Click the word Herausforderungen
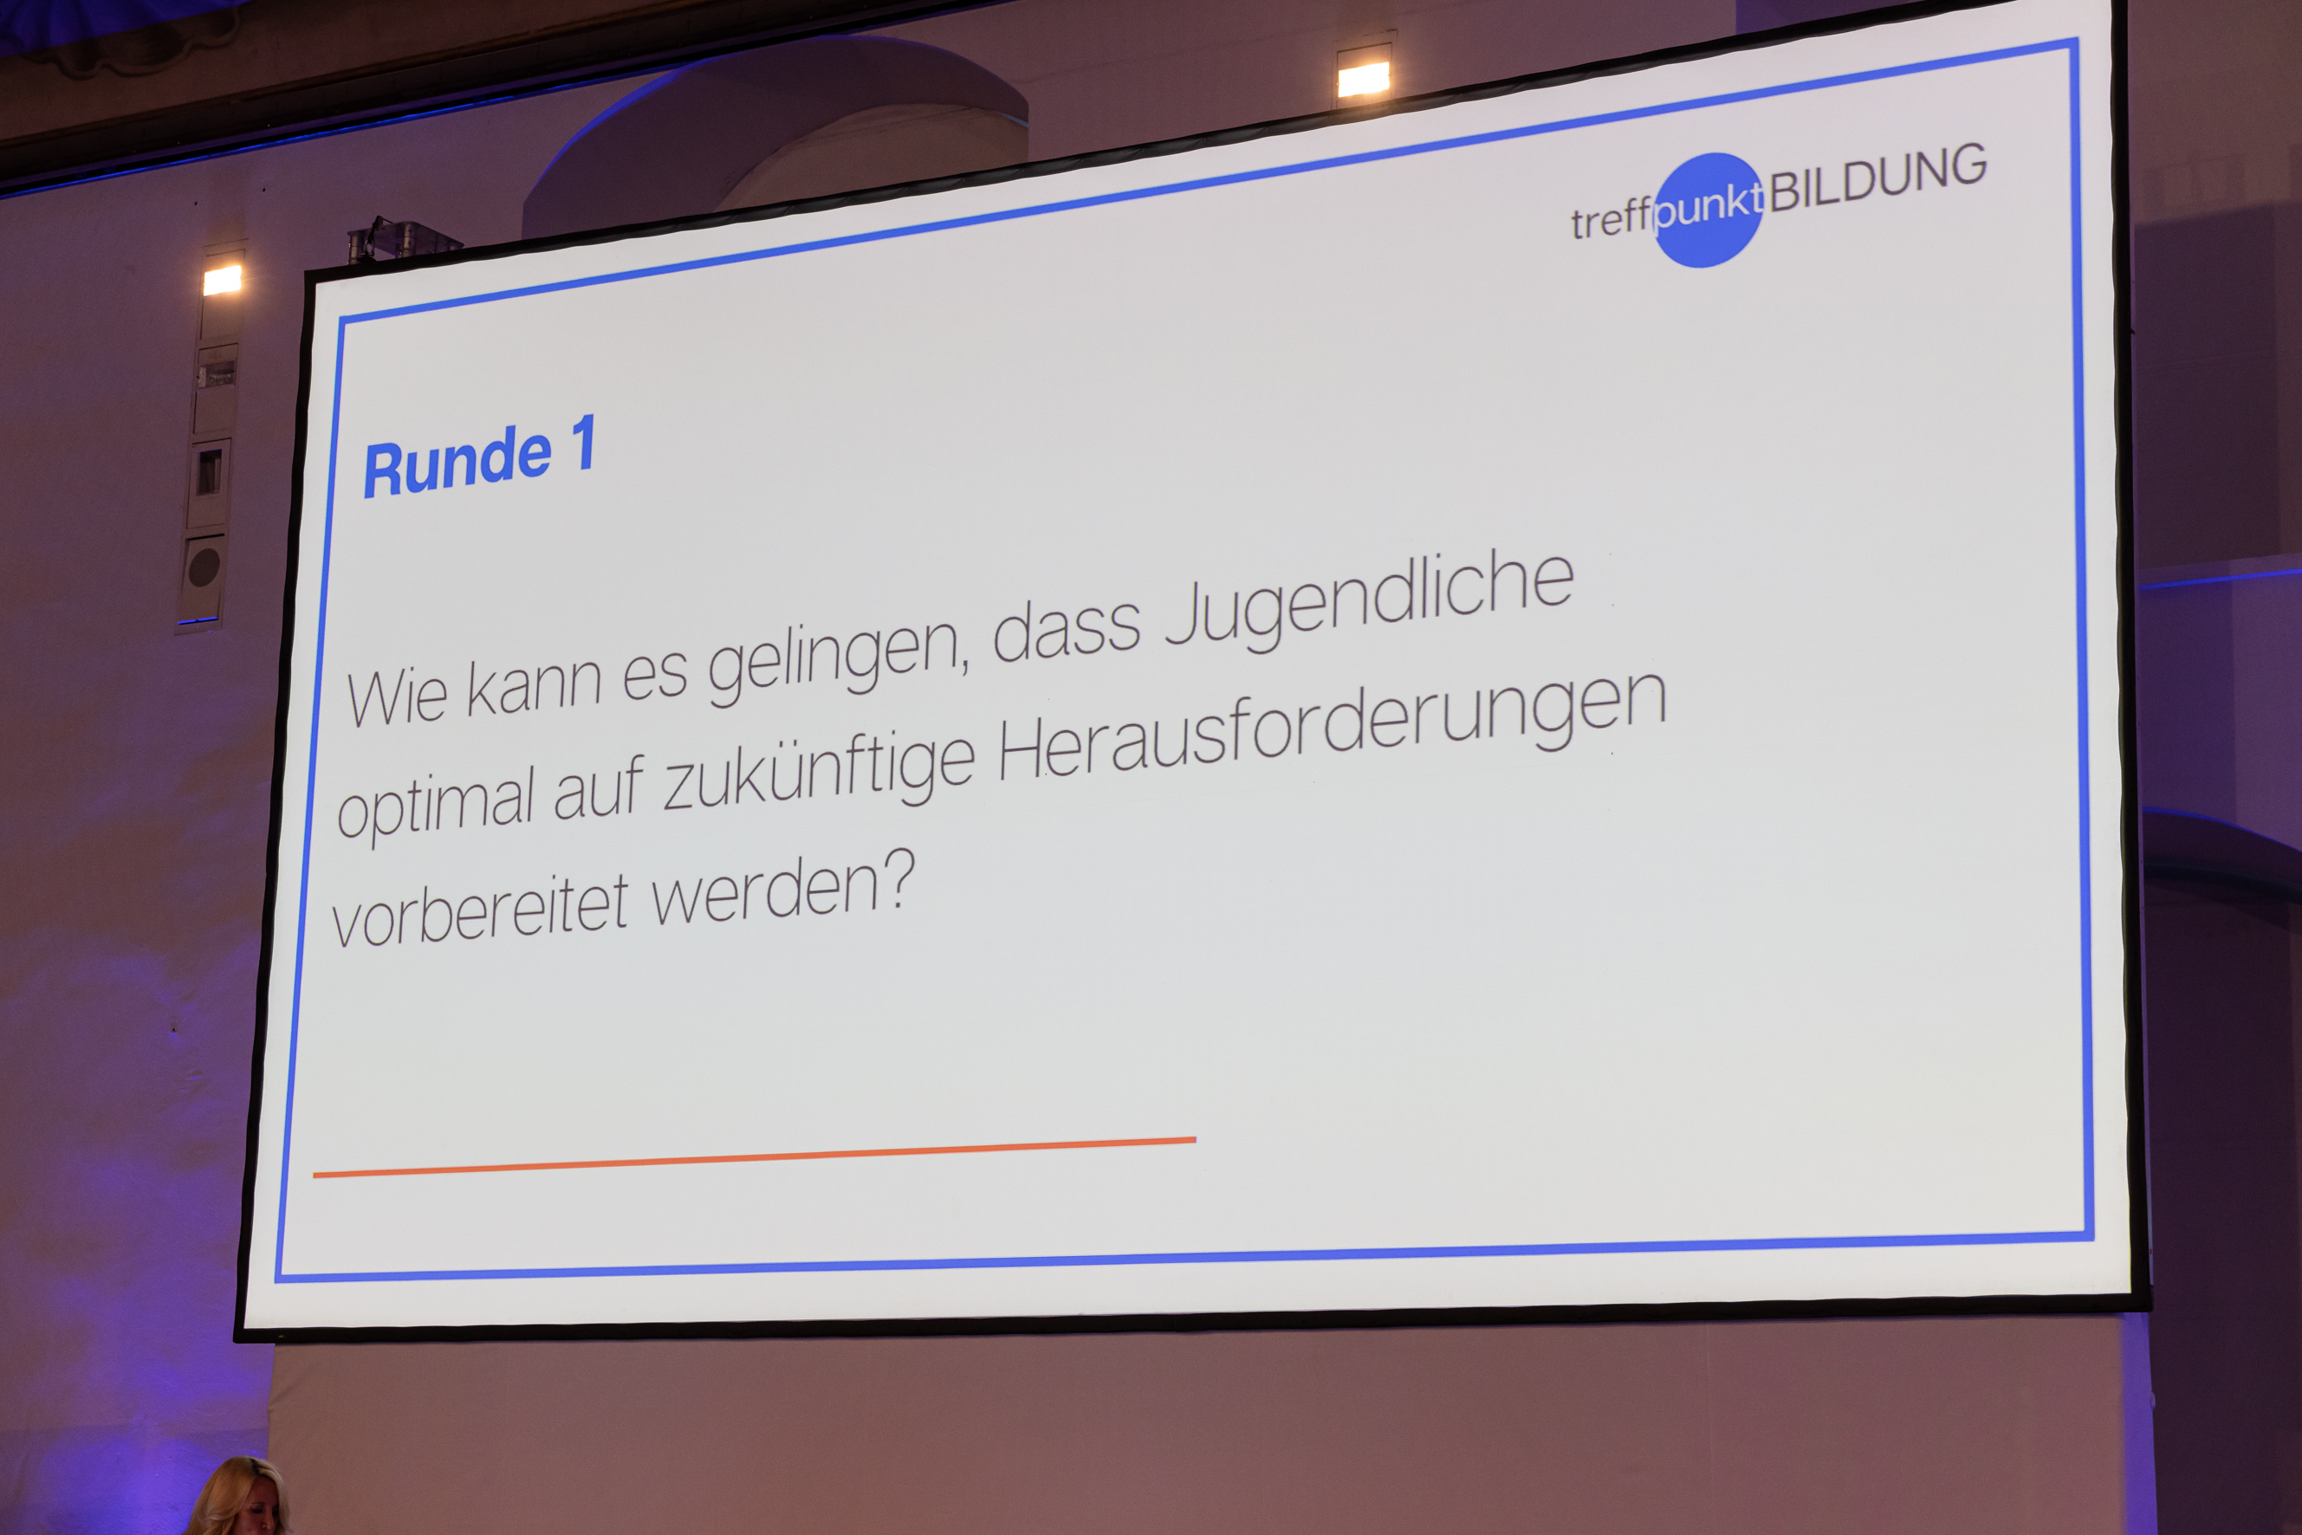(x=1333, y=725)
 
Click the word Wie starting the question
(x=397, y=697)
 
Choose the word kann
(x=534, y=685)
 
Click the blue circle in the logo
(x=1708, y=210)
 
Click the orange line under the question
(x=754, y=1157)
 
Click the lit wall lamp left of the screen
(x=223, y=280)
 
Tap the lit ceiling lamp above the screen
(x=1363, y=80)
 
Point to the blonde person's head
(x=238, y=1498)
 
